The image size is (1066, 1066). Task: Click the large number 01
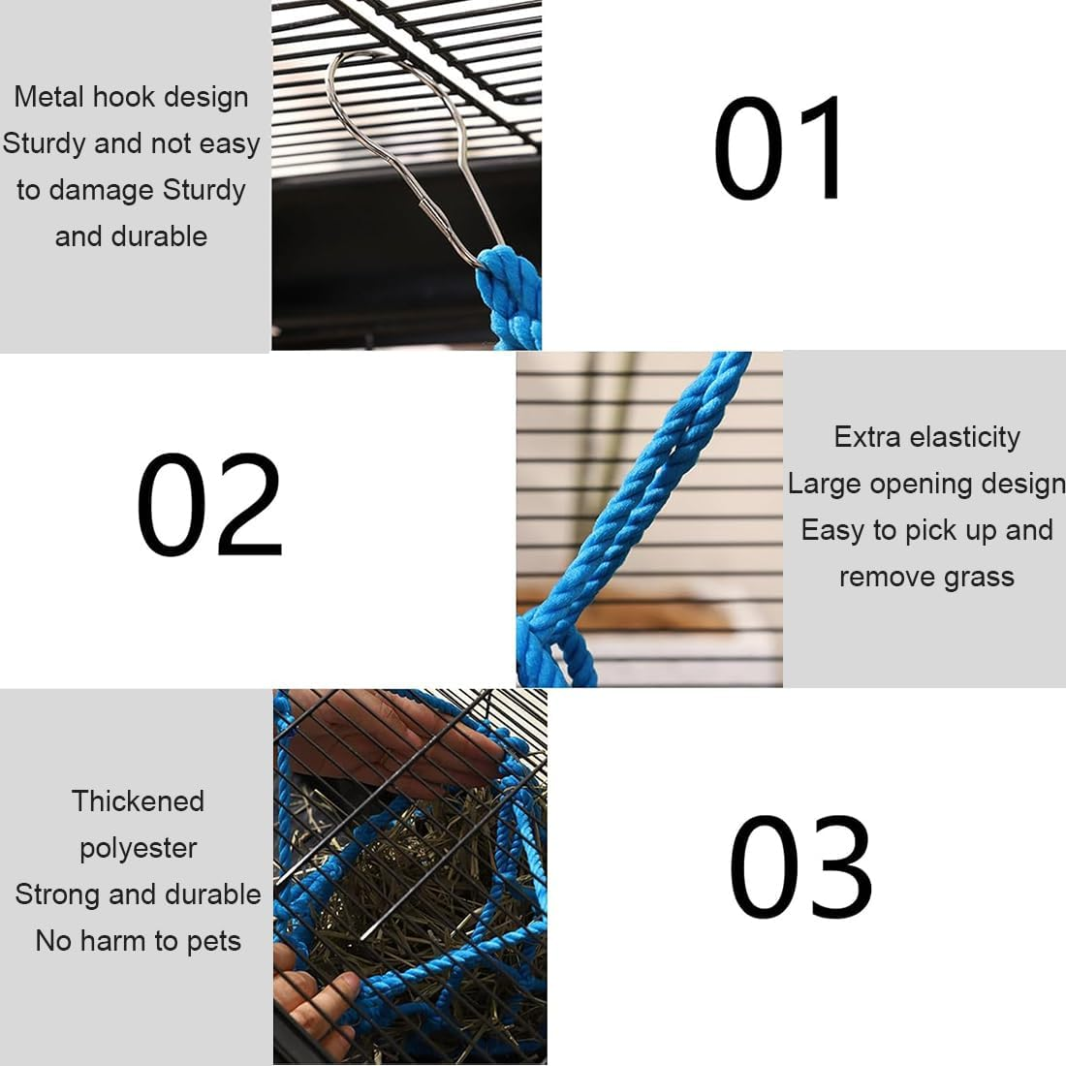(x=777, y=148)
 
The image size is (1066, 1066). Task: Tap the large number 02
(x=209, y=505)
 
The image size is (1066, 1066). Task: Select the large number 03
(x=800, y=866)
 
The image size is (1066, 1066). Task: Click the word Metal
(x=49, y=97)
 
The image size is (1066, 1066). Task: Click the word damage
(x=102, y=190)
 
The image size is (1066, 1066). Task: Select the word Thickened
(x=138, y=800)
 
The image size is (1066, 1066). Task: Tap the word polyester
(x=138, y=849)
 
